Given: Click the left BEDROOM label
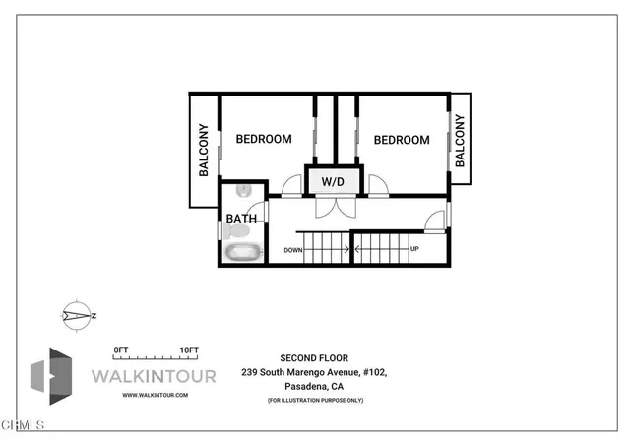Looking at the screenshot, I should coord(263,139).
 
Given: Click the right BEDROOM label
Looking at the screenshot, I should coord(401,140).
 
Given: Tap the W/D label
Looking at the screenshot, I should coord(331,181).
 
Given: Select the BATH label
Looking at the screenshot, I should coord(241,219).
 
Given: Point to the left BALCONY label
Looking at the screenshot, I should coord(204,150).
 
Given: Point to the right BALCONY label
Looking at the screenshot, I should coord(460,140).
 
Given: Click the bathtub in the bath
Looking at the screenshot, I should coord(243,252).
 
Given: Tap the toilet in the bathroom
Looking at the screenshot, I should coord(234,231).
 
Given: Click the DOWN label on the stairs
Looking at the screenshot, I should coord(293,250).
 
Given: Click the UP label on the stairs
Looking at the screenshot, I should coord(414,249).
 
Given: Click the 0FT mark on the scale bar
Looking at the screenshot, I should coord(121,350).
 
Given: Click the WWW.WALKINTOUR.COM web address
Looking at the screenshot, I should coord(155,395).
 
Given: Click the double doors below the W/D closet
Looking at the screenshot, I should coord(331,208).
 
